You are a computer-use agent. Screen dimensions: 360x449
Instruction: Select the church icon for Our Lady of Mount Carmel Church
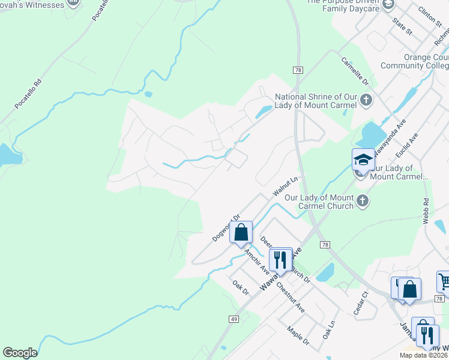point(362,201)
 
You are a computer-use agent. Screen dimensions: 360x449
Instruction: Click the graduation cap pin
point(363,160)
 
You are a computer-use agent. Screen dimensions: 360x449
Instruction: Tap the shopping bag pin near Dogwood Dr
point(241,233)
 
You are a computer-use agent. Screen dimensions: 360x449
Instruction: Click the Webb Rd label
point(426,211)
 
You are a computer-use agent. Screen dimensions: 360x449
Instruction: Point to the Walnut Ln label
point(285,186)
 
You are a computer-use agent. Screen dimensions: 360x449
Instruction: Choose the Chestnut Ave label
point(291,298)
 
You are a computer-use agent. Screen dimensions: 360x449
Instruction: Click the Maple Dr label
point(298,336)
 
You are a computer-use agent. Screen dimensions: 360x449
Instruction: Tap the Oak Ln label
point(328,329)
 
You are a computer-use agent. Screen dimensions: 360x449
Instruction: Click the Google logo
point(20,353)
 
